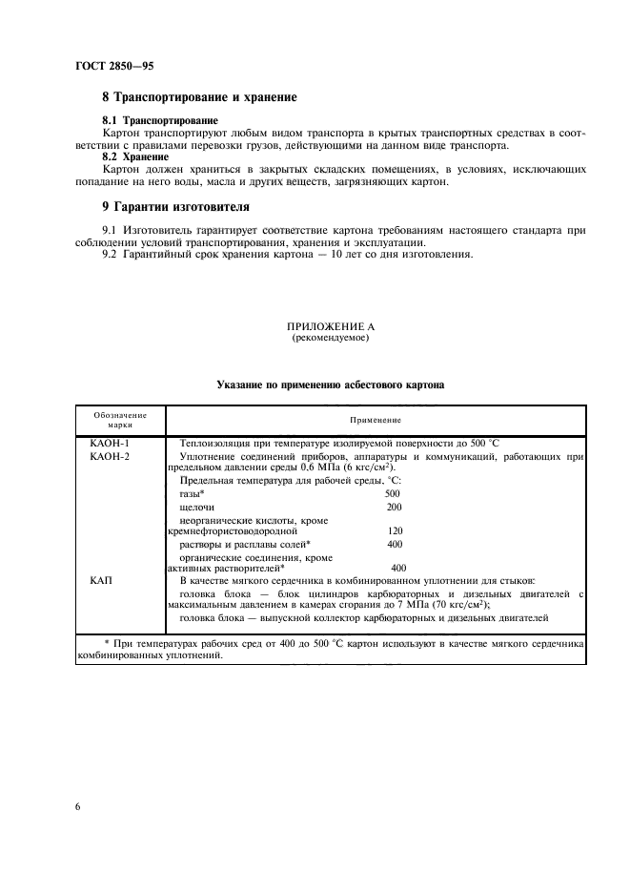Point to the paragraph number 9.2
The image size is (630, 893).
pyautogui.click(x=112, y=254)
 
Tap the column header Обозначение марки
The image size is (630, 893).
pyautogui.click(x=120, y=420)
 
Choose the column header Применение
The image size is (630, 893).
pyautogui.click(x=376, y=420)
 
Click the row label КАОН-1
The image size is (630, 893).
pyautogui.click(x=110, y=445)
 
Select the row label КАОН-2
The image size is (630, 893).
pyautogui.click(x=110, y=458)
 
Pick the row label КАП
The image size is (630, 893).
pyautogui.click(x=102, y=580)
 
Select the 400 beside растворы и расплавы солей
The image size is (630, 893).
pyautogui.click(x=394, y=544)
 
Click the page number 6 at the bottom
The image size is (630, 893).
pyautogui.click(x=78, y=807)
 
